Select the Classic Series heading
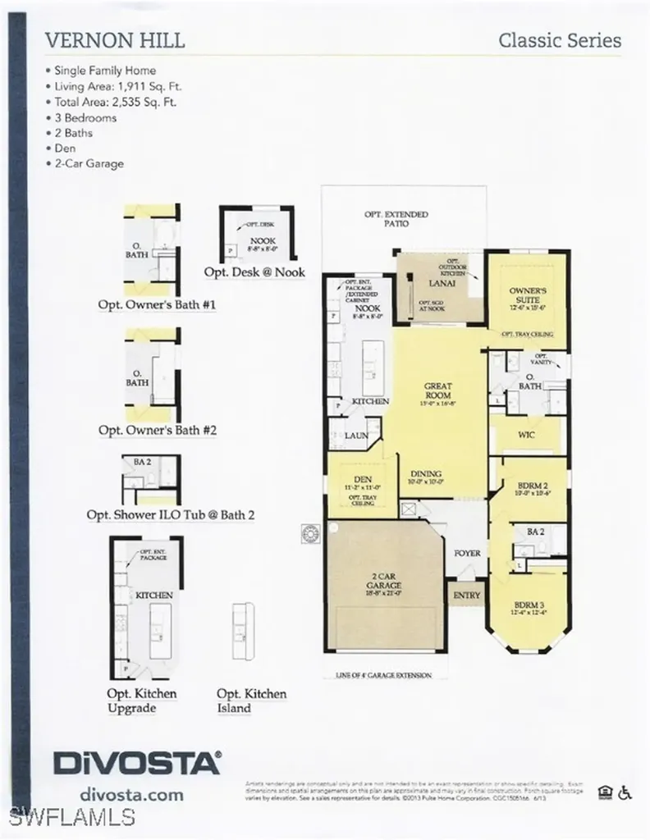coord(560,40)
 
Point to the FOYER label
coord(467,554)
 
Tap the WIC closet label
coord(525,435)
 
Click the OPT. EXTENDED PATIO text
coord(396,219)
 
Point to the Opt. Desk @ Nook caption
coord(255,272)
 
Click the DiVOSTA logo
coord(138,761)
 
